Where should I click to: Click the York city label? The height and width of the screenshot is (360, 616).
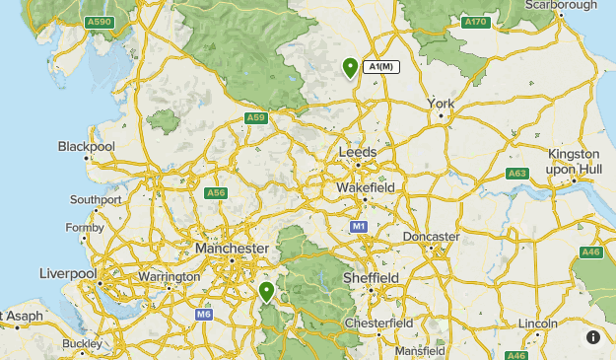[x=441, y=104]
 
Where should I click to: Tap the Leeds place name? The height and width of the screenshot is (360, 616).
[x=358, y=152]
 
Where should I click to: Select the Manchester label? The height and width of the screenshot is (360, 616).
[x=232, y=249]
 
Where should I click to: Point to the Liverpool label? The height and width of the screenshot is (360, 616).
[x=68, y=273]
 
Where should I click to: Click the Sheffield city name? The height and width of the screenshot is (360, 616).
[x=371, y=278]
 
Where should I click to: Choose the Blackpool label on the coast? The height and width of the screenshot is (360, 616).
[x=87, y=146]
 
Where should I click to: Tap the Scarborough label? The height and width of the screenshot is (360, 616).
[x=563, y=5]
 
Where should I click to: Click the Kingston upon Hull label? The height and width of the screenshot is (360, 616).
[x=574, y=162]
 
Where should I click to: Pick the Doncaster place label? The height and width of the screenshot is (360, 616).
[x=432, y=237]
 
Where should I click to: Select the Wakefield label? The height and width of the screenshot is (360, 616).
[x=366, y=187]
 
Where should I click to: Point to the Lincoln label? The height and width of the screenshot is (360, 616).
[x=537, y=324]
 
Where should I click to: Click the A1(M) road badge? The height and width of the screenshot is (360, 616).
[x=379, y=67]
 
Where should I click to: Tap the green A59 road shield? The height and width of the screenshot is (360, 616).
[x=256, y=118]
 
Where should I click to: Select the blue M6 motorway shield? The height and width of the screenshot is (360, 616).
[x=203, y=315]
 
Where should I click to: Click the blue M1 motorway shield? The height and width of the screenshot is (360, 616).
[x=360, y=227]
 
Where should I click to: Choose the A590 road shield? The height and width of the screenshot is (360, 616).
[x=99, y=22]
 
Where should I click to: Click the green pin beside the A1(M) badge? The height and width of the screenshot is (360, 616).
[x=350, y=67]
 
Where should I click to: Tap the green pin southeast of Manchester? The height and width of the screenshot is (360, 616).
[x=266, y=291]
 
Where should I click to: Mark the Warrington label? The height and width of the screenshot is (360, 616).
[x=169, y=277]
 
